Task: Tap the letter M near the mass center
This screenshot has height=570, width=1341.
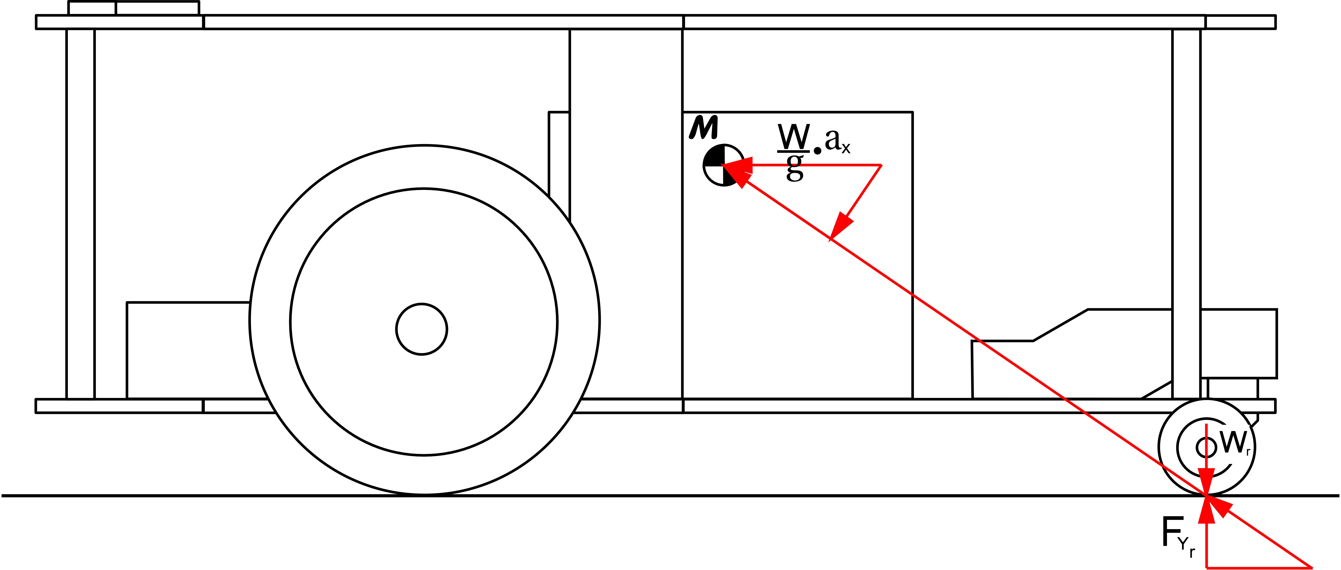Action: tap(704, 127)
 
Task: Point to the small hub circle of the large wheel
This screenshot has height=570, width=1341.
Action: tap(422, 329)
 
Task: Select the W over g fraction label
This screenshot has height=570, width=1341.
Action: tap(794, 151)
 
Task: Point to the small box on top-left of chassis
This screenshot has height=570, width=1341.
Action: tap(133, 8)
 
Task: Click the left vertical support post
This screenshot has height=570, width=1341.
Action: tap(81, 213)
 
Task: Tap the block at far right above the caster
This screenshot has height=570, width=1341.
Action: tap(1239, 343)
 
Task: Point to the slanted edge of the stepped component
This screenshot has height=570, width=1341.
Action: tap(1061, 325)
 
